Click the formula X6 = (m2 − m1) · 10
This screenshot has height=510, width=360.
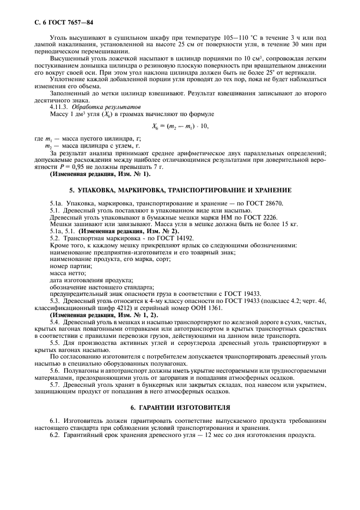tap(180, 126)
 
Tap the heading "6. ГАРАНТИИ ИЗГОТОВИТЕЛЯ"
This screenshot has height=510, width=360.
tap(180, 407)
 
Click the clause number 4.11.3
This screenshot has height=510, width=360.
tap(59, 107)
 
